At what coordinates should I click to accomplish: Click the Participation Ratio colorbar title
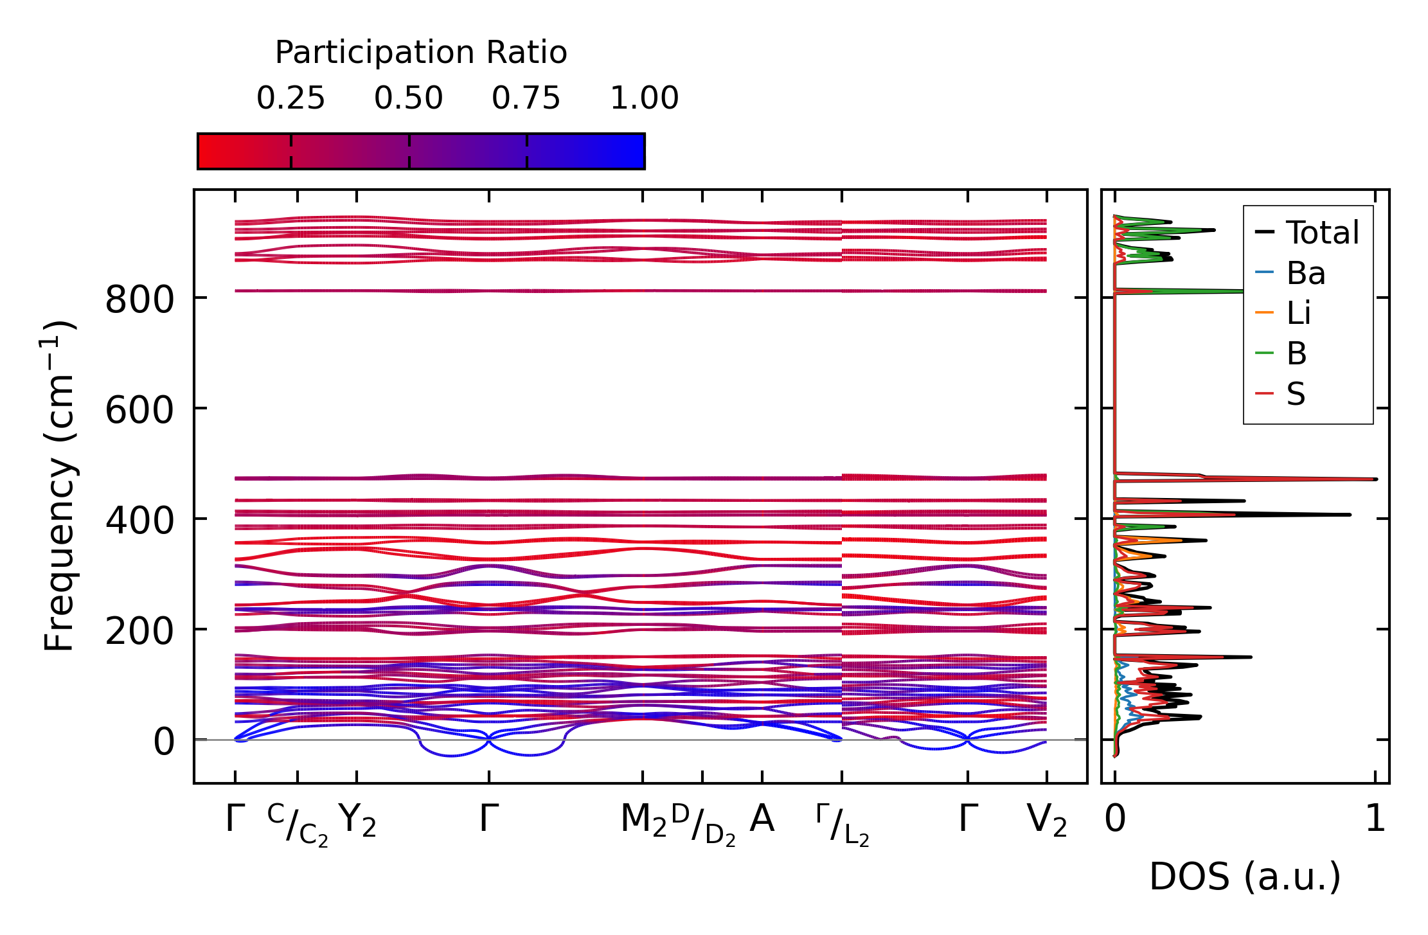[x=421, y=53]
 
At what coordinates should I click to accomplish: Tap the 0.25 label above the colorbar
[x=290, y=98]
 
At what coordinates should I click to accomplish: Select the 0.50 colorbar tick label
[x=409, y=98]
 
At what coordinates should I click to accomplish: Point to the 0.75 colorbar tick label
[x=526, y=98]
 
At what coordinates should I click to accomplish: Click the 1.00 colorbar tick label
[x=644, y=98]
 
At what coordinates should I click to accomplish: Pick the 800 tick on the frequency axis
[x=139, y=299]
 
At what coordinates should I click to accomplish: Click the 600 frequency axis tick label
[x=139, y=410]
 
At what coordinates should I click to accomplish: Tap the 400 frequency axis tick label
[x=139, y=521]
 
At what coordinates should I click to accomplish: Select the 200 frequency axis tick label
[x=139, y=631]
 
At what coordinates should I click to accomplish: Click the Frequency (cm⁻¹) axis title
[x=59, y=486]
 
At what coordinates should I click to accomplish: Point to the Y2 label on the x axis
[x=357, y=821]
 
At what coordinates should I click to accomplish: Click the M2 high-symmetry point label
[x=643, y=821]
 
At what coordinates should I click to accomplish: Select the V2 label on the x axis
[x=1047, y=821]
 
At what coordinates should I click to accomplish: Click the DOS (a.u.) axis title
[x=1245, y=877]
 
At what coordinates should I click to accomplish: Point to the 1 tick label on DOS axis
[x=1375, y=819]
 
